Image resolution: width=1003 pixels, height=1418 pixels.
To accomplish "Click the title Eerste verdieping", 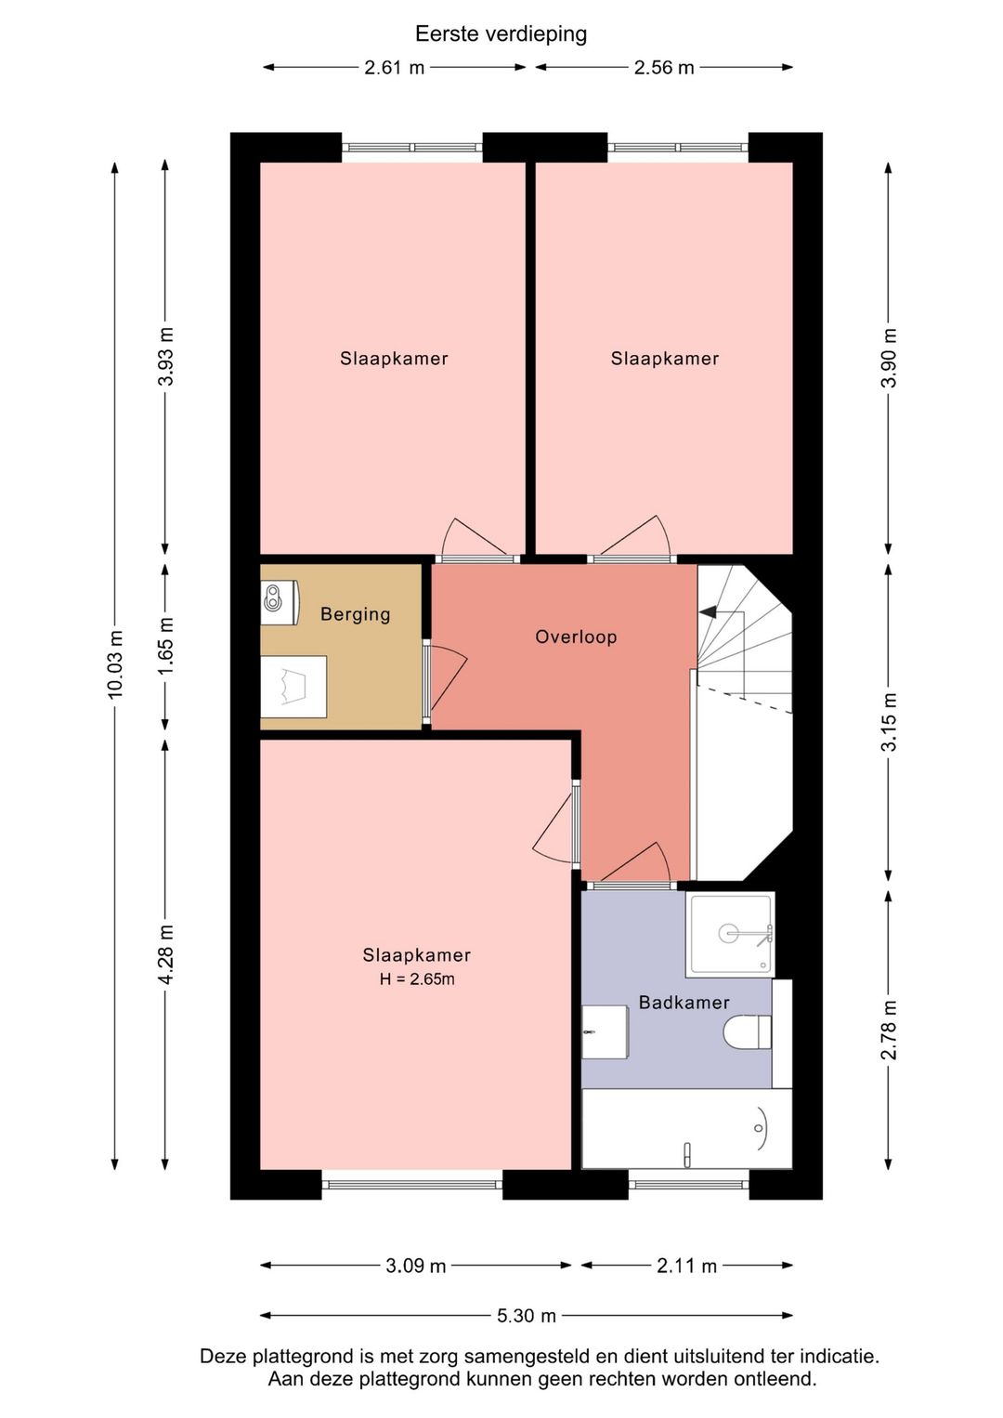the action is [501, 34].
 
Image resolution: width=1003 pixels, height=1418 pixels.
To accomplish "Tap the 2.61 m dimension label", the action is [395, 68].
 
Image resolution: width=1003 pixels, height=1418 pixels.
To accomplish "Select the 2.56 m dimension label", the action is [664, 68].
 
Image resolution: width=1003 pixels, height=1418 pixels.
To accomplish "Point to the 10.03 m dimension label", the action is [114, 664].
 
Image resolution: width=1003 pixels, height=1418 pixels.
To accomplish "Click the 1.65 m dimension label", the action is [165, 646].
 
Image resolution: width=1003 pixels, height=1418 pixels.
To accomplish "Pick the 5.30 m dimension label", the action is [526, 1316].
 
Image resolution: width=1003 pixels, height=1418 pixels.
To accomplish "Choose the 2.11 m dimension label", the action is [686, 1266].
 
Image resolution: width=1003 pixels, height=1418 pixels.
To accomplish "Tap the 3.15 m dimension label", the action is [889, 722].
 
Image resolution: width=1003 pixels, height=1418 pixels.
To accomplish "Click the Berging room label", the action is [355, 614].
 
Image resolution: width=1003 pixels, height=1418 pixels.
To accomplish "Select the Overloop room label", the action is [576, 637].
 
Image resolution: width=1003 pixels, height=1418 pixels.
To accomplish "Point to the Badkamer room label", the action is [684, 1002].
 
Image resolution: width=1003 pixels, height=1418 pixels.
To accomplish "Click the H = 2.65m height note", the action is [417, 979].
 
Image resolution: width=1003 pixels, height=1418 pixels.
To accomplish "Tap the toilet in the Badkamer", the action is [748, 1031].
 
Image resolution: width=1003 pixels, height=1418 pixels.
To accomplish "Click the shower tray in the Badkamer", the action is [730, 935].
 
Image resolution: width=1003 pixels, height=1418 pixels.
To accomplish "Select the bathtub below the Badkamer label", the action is [686, 1129].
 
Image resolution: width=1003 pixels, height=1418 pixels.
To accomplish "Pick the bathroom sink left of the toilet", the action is [605, 1032].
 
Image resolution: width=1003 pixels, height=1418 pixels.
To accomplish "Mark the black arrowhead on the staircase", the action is [708, 611].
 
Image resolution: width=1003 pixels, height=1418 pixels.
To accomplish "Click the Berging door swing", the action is [448, 680].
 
